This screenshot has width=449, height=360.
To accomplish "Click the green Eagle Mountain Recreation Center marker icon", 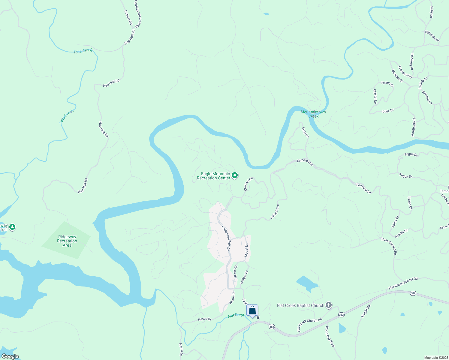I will [235, 175].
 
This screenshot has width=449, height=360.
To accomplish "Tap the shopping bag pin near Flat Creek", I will [252, 310].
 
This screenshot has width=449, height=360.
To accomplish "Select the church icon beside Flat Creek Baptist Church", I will [329, 305].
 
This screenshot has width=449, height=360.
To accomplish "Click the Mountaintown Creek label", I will [313, 114].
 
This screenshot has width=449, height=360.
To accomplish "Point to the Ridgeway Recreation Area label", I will [67, 241].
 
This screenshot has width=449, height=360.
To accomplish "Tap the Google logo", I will [10, 356].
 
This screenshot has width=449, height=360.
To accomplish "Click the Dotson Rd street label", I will [128, 17].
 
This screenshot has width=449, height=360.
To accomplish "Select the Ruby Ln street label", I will [432, 12].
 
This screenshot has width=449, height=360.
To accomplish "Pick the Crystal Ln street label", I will [375, 96].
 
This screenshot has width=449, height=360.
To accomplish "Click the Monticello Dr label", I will [414, 127].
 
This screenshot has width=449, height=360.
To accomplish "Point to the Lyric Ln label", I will [305, 132].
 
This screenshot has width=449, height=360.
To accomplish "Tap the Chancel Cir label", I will [248, 184].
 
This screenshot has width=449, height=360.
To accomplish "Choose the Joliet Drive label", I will [275, 211].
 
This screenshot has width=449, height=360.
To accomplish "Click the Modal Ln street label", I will [246, 250].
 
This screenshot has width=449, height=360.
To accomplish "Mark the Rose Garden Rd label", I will [389, 246].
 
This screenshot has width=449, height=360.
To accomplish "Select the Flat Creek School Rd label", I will [403, 283].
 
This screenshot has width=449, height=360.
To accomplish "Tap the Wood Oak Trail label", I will [330, 336].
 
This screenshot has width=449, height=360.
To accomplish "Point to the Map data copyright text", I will [436, 358].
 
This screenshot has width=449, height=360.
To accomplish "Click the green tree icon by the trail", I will [12, 227].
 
